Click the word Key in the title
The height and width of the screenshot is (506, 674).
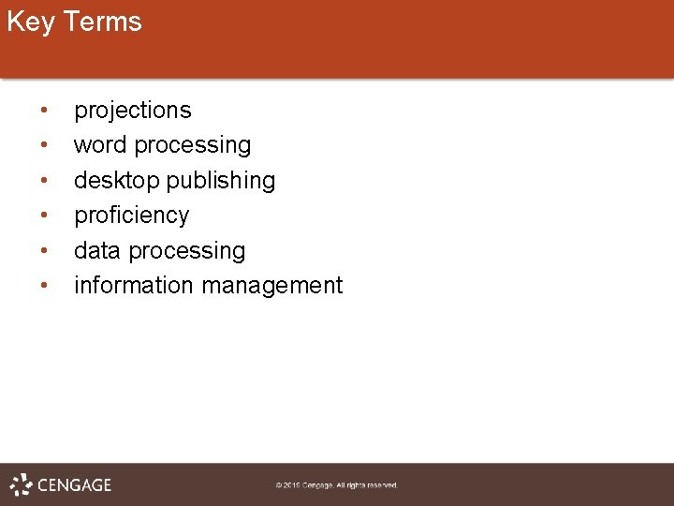[x=30, y=22]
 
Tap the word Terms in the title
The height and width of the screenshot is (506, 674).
[x=102, y=22]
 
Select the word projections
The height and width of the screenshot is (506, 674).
[x=132, y=111]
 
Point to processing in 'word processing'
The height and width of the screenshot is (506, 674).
[x=193, y=146]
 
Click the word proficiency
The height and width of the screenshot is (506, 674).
[x=131, y=216]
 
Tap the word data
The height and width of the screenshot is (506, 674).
[x=97, y=251]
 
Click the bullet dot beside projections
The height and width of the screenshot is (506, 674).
[x=44, y=112]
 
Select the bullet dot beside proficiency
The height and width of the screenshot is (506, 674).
[x=44, y=216]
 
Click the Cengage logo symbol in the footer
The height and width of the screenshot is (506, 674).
[x=21, y=484]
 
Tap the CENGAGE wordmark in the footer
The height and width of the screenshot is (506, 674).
[x=74, y=485]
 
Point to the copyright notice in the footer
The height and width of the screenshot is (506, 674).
[x=336, y=485]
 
